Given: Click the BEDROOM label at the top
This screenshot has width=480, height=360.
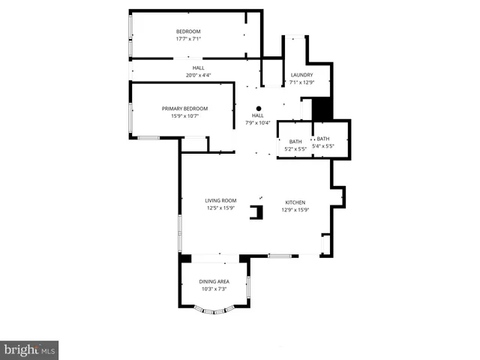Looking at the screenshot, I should click(188, 31).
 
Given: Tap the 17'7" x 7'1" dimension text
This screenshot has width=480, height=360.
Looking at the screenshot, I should click(188, 39).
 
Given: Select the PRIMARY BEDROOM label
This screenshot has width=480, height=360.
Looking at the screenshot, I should click(184, 109).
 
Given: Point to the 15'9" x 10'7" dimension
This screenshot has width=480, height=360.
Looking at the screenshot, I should click(184, 116).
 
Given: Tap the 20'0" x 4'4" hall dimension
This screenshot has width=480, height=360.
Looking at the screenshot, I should click(198, 75).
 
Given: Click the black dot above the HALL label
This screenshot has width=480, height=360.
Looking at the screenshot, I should click(258, 107).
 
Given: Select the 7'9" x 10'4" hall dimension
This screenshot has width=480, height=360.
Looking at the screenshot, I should click(258, 123).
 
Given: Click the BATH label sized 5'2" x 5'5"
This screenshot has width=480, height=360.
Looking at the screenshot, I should click(295, 141).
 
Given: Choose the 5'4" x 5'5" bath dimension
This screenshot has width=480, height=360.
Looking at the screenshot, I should click(322, 146).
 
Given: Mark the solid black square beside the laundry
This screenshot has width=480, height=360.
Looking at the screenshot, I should click(322, 109).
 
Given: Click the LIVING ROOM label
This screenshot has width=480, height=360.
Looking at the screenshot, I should click(221, 200).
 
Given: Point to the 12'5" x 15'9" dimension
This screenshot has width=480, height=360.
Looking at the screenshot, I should click(221, 208).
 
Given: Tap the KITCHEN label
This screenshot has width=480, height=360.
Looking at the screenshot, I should click(295, 202).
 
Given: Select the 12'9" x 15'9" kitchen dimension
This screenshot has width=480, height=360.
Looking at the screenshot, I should click(295, 210).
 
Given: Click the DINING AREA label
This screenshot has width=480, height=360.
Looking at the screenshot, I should click(214, 281).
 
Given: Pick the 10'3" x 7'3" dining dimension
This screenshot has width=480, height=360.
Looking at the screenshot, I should click(214, 289).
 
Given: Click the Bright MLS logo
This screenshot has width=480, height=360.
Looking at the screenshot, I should click(30, 349).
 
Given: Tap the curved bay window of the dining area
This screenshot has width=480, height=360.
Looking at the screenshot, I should click(215, 310).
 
